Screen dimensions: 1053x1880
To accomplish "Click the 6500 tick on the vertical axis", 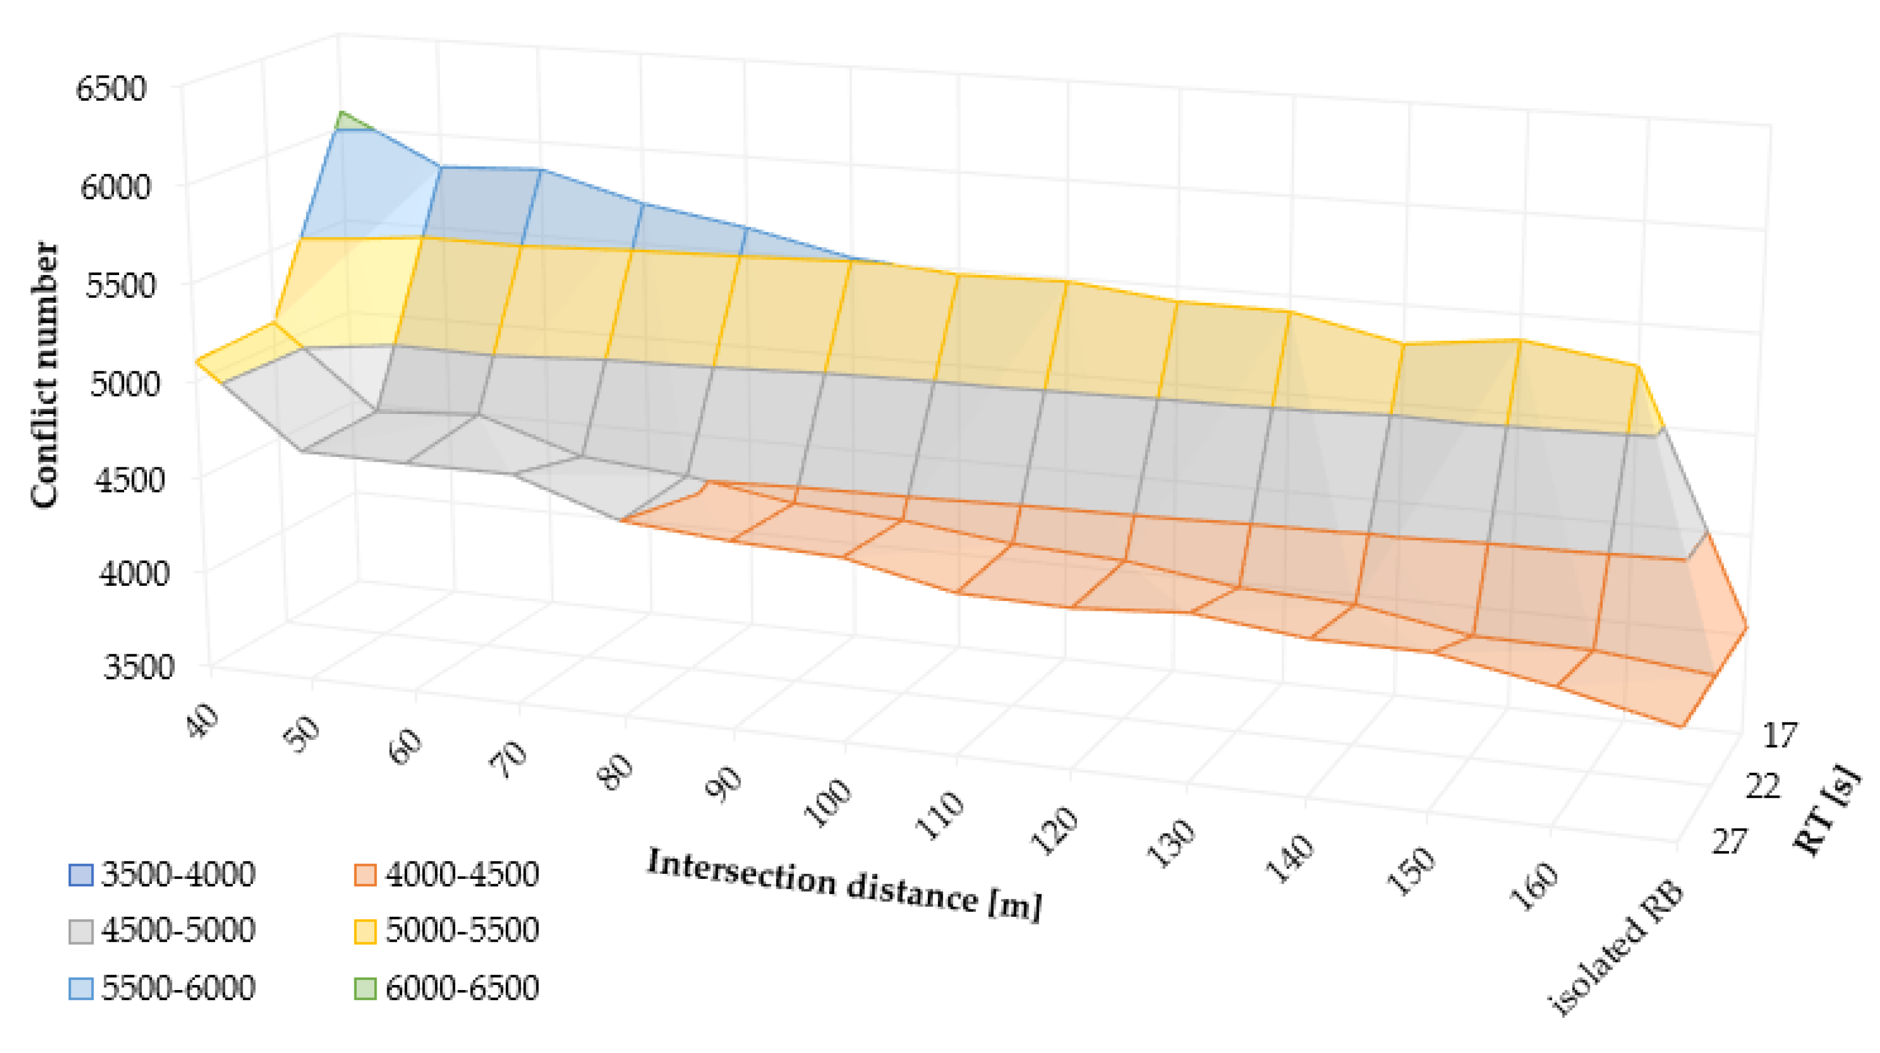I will (111, 89).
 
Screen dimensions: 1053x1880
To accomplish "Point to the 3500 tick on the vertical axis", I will (139, 666).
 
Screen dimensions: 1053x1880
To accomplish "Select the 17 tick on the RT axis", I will (1781, 735).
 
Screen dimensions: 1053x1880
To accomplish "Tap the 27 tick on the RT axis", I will (1729, 841).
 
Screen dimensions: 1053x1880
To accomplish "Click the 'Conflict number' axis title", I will (44, 374).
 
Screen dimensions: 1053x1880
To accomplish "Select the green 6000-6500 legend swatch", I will (365, 988).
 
